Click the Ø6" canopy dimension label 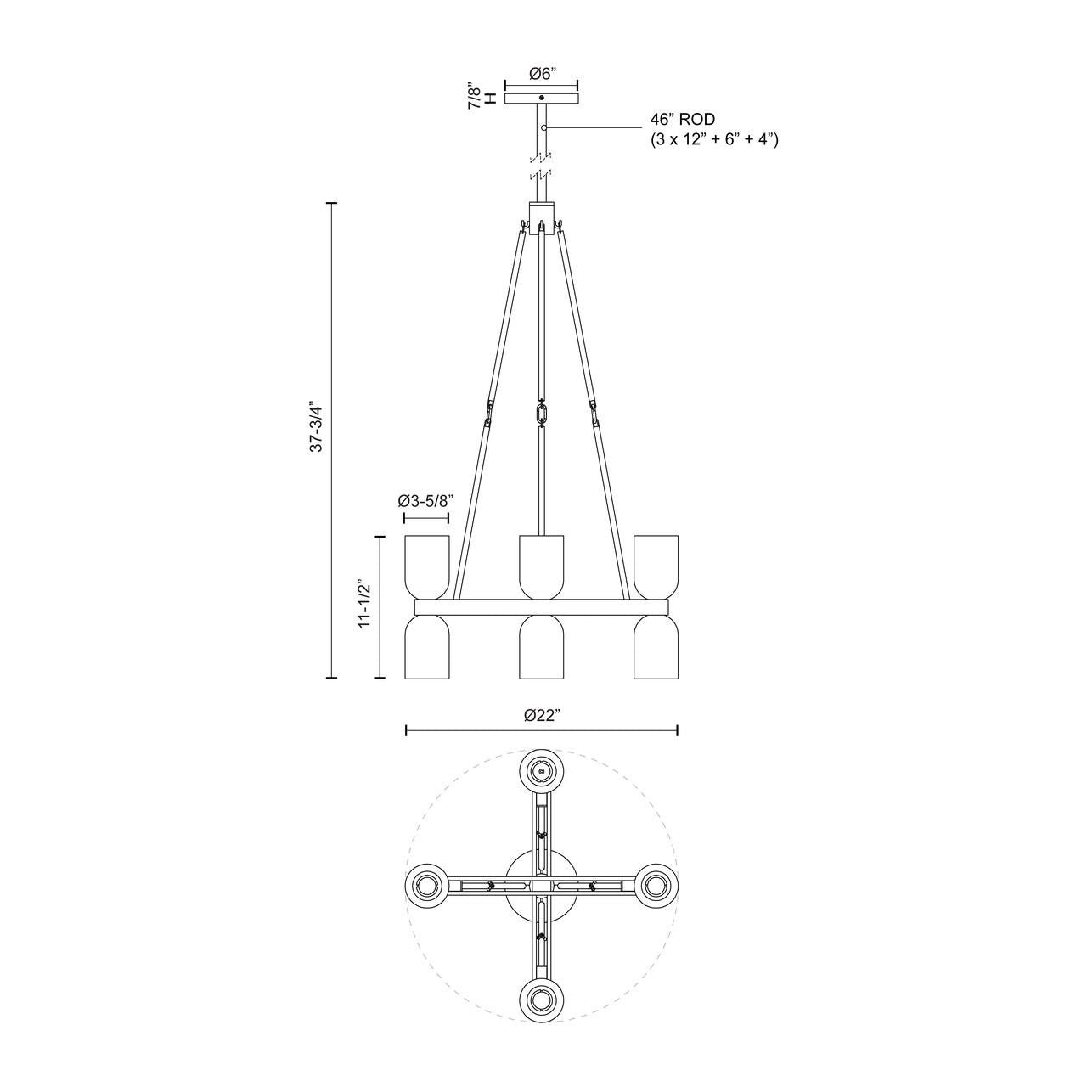pyautogui.click(x=542, y=74)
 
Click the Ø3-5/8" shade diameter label pyautogui.click(x=425, y=501)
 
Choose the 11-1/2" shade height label pyautogui.click(x=363, y=605)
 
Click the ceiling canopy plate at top pyautogui.click(x=542, y=99)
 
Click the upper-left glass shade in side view pyautogui.click(x=426, y=566)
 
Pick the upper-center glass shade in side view pyautogui.click(x=542, y=566)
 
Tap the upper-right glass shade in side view pyautogui.click(x=656, y=566)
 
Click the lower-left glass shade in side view pyautogui.click(x=426, y=647)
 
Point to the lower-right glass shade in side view pyautogui.click(x=656, y=647)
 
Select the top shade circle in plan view pyautogui.click(x=542, y=771)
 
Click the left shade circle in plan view pyautogui.click(x=427, y=886)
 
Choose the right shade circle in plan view pyautogui.click(x=656, y=886)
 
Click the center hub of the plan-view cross pyautogui.click(x=542, y=886)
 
